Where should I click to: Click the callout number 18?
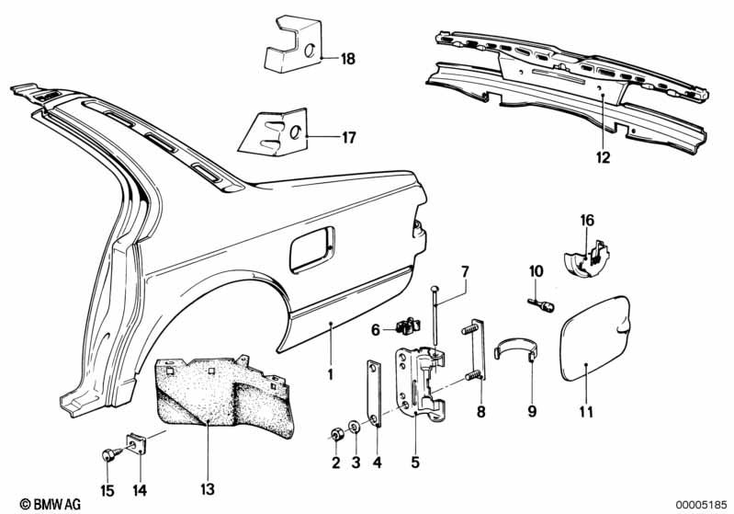348,59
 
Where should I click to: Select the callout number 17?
349,138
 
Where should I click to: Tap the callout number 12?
604,157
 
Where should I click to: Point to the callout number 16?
587,220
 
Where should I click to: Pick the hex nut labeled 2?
335,435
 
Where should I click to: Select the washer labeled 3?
355,428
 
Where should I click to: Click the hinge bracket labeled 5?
420,382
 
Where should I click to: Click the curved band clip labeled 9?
516,349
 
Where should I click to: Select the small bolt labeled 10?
541,305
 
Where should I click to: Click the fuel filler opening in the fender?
312,249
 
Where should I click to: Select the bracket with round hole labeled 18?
293,44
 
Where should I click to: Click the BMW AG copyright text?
51,504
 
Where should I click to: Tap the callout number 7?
464,272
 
